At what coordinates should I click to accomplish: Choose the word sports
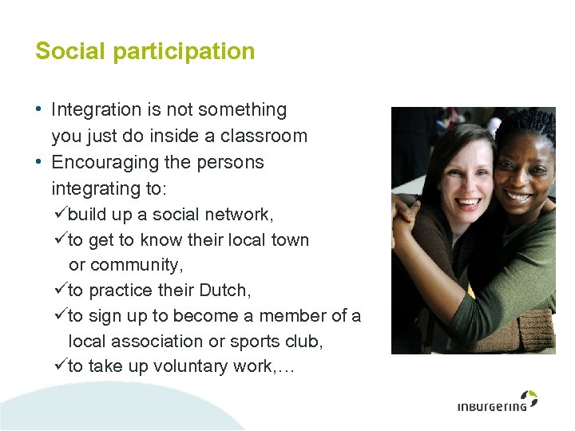[x=260, y=342]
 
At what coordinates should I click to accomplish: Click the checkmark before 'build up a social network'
[x=60, y=214]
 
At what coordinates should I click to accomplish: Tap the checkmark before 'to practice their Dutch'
[x=60, y=290]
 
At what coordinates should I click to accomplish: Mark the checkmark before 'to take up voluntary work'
[x=60, y=366]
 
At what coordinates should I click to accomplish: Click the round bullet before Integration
[x=39, y=109]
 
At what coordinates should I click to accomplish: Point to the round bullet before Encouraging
[x=39, y=162]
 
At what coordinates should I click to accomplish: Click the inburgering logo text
[x=492, y=406]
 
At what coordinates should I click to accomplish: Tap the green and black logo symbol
[x=529, y=397]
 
